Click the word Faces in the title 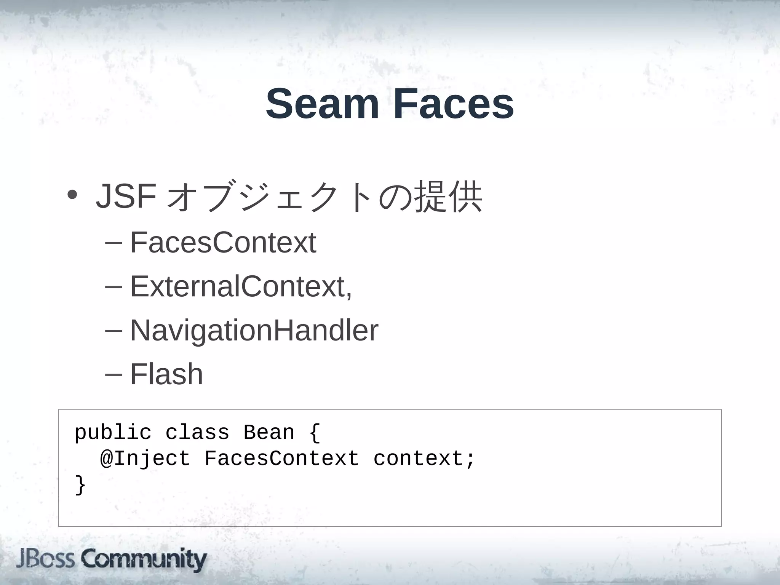tap(454, 104)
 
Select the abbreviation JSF tap(126, 196)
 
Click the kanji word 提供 tap(448, 197)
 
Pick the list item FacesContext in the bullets tap(223, 242)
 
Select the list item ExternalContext tap(241, 286)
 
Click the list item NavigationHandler tap(254, 330)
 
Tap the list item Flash tap(166, 374)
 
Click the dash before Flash tap(113, 375)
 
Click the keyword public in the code tap(113, 433)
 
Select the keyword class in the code tap(197, 433)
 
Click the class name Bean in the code tap(269, 433)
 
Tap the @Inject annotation tap(145, 458)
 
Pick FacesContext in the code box tap(282, 458)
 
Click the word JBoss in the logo tap(45, 559)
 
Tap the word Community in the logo tap(144, 559)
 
